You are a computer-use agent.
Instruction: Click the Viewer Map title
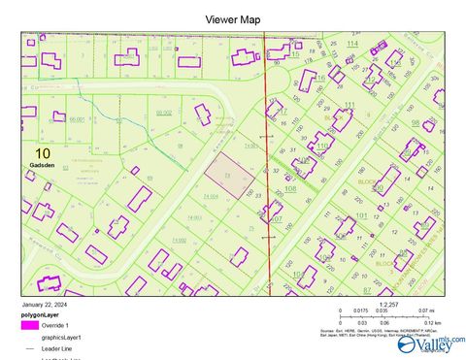point(232,18)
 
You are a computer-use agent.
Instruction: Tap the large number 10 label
point(42,153)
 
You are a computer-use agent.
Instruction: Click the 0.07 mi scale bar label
point(425,311)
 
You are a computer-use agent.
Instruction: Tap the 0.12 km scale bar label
point(432,323)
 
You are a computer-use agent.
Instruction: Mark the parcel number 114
point(351,45)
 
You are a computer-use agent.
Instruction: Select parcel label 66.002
point(163,113)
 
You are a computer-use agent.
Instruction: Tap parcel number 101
point(361,214)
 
